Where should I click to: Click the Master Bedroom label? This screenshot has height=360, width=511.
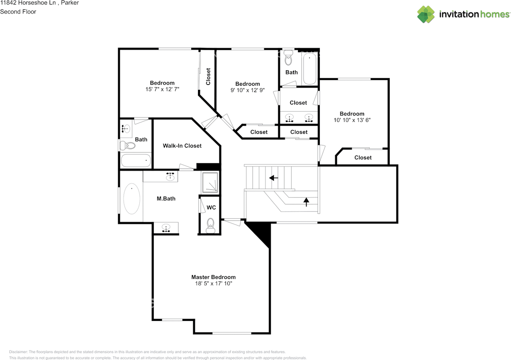click(x=213, y=277)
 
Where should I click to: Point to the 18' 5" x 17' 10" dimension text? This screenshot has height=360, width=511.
click(x=213, y=283)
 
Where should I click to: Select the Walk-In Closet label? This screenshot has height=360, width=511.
click(x=182, y=146)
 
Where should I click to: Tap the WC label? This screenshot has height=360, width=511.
click(x=211, y=208)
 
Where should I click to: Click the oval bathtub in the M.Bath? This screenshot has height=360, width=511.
click(x=131, y=198)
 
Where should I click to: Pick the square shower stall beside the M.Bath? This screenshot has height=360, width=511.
click(x=210, y=183)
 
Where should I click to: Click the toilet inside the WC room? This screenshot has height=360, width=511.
click(x=210, y=226)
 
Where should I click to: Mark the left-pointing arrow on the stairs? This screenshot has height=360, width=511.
click(x=273, y=178)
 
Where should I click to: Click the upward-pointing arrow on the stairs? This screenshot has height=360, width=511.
click(x=306, y=202)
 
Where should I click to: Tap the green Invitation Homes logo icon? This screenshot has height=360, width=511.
click(x=426, y=14)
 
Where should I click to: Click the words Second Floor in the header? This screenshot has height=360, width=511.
click(x=18, y=12)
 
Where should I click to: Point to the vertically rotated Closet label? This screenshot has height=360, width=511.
click(x=208, y=76)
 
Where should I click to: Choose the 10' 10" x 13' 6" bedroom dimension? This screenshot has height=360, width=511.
click(x=352, y=120)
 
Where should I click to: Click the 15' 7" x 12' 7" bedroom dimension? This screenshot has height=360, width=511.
click(x=162, y=89)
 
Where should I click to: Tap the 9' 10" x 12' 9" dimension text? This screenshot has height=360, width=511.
click(x=248, y=90)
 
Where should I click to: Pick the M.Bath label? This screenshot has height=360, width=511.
click(x=166, y=198)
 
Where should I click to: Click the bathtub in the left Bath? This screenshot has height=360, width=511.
click(x=136, y=160)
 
